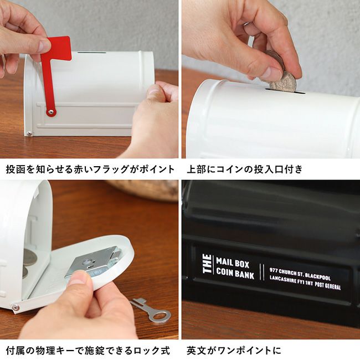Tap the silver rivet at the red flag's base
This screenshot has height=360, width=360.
[x=51, y=112]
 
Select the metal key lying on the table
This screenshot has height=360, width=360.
[x=150, y=310]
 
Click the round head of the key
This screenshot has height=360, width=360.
[x=161, y=316]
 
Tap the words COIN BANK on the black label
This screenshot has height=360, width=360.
[x=234, y=273]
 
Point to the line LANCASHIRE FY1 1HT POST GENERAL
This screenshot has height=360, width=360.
[x=305, y=284]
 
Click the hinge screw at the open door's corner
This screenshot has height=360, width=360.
[x=16, y=307]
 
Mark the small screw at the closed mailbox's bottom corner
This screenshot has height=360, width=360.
[x=29, y=133]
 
